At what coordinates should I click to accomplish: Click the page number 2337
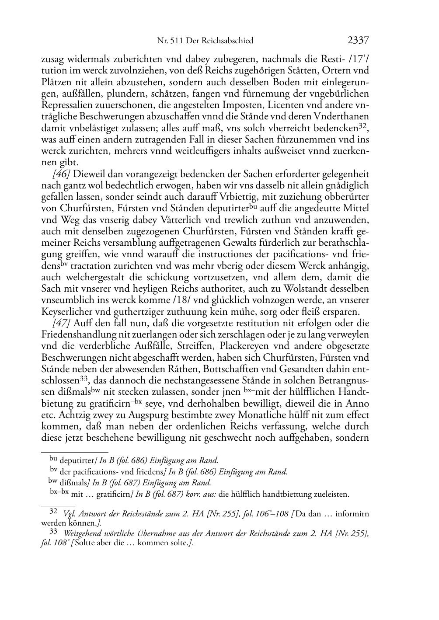point(359,41)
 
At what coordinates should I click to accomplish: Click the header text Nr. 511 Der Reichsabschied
point(205,41)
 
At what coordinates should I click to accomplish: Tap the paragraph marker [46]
point(61,174)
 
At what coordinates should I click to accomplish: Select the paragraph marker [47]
point(61,323)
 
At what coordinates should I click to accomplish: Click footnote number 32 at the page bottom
point(53,511)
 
